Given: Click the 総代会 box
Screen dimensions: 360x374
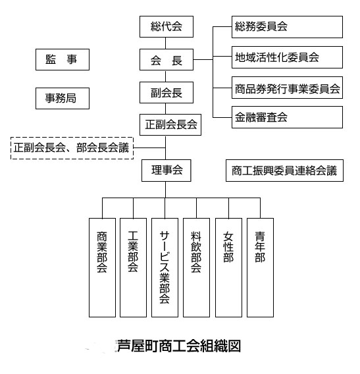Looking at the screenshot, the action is click(x=167, y=26).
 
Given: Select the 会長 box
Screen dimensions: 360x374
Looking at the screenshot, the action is click(x=167, y=60).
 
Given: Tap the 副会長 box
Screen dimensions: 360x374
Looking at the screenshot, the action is click(x=167, y=93).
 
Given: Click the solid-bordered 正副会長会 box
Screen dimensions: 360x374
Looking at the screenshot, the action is click(x=170, y=124).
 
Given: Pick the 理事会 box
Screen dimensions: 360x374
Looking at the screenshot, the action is click(x=167, y=171).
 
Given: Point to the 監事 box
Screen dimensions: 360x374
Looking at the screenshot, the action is click(x=63, y=60).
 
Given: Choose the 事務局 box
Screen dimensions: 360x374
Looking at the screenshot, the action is click(x=63, y=98).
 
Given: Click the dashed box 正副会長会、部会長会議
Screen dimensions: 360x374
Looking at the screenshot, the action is click(x=72, y=148).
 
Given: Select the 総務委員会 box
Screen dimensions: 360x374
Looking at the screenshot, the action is click(x=288, y=27).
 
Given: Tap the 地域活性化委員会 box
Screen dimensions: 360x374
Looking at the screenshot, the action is click(x=288, y=57).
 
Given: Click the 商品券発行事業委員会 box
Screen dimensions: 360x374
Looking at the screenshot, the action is click(x=288, y=88).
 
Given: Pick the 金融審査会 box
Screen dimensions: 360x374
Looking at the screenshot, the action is click(x=288, y=117).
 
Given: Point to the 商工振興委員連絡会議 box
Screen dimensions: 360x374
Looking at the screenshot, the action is click(x=285, y=171).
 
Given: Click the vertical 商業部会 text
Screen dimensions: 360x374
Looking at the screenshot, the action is click(x=102, y=252).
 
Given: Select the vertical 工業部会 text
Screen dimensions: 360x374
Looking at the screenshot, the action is click(x=133, y=252).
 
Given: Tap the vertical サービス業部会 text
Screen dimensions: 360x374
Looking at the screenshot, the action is click(x=165, y=267).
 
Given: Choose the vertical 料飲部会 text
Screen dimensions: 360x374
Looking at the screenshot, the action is click(x=196, y=252).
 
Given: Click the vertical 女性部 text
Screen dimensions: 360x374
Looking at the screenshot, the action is click(x=228, y=247).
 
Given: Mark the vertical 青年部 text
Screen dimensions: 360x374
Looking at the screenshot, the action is click(x=260, y=247).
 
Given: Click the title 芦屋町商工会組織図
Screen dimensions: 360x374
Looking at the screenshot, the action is click(x=179, y=346).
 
